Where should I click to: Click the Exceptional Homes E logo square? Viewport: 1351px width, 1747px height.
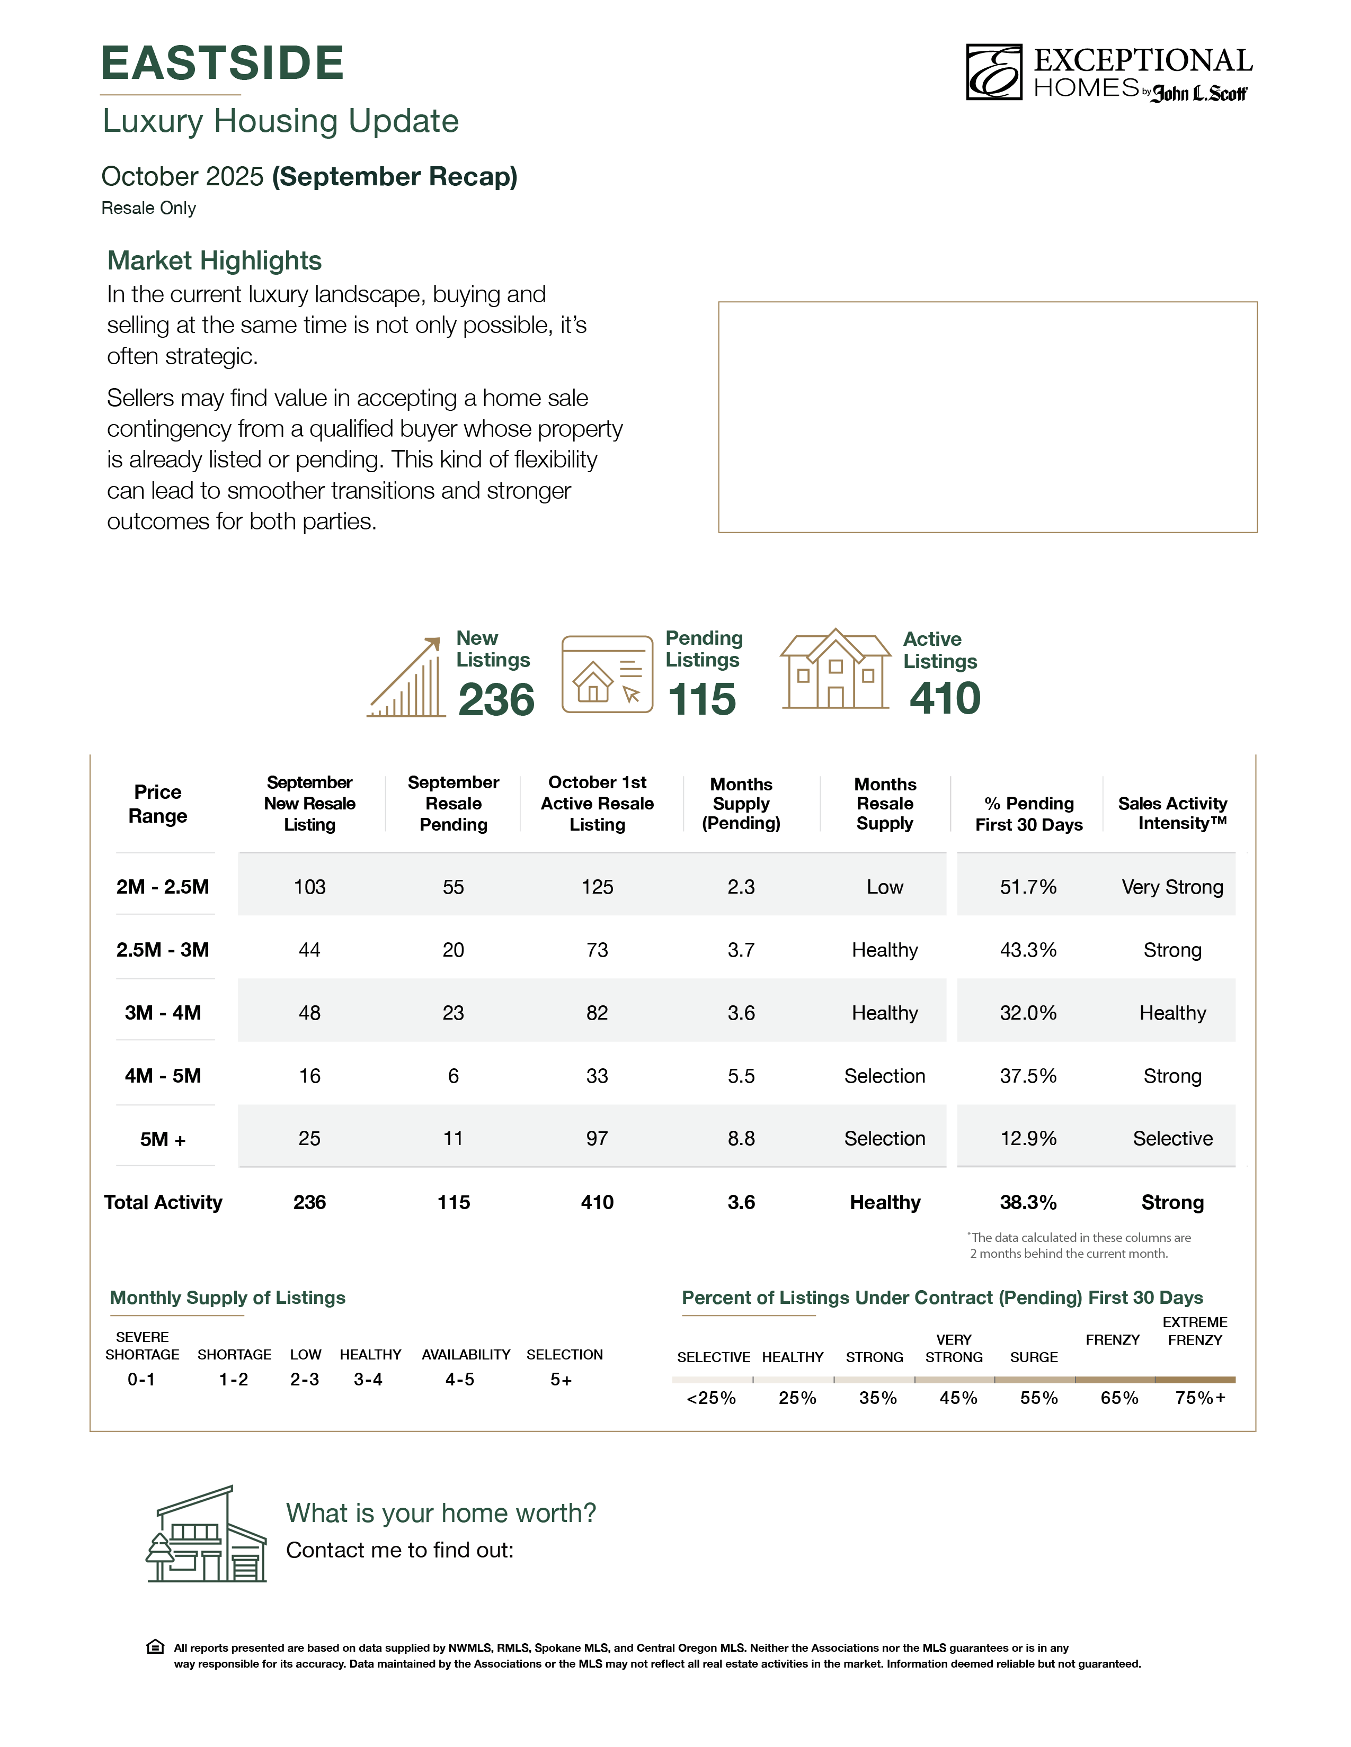(x=993, y=72)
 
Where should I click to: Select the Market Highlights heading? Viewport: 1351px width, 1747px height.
(x=215, y=261)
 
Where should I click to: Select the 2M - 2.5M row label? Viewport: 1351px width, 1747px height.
(x=163, y=886)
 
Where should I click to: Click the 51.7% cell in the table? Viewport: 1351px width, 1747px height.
(x=1028, y=886)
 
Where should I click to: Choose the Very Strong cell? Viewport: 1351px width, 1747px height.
(x=1172, y=886)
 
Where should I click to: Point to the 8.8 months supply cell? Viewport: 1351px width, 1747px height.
(x=741, y=1138)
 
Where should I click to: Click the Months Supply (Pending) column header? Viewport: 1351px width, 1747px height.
(x=741, y=803)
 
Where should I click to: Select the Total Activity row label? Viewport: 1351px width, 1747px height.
(x=163, y=1202)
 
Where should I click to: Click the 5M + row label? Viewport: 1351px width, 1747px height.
(x=163, y=1139)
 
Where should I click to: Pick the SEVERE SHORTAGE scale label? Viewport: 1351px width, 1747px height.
(x=143, y=1345)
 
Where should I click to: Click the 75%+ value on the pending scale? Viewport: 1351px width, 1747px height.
(x=1199, y=1398)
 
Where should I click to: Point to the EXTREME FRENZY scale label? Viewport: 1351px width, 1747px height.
(x=1195, y=1331)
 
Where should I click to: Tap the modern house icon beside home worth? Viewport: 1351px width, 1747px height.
(x=207, y=1534)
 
